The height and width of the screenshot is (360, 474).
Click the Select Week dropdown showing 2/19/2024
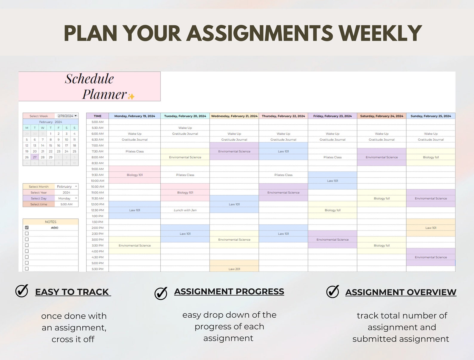pos(67,116)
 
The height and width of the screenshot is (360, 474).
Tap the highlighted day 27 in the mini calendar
pos(35,157)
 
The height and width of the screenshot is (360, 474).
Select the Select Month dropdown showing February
pos(67,187)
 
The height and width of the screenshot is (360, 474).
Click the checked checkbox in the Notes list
pos(27,228)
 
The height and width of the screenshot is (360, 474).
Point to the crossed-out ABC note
pos(55,228)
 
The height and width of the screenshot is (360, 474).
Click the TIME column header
pos(98,116)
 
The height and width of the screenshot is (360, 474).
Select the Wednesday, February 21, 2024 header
pos(234,116)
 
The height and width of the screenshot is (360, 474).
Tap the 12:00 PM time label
pos(98,204)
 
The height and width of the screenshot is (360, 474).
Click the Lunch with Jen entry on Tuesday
pos(185,210)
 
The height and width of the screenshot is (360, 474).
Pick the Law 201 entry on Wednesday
pos(234,269)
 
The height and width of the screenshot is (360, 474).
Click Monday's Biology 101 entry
pos(135,175)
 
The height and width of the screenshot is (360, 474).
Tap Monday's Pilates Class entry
pos(135,151)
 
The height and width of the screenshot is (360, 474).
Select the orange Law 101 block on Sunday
pos(431,228)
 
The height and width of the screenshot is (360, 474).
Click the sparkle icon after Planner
pos(131,96)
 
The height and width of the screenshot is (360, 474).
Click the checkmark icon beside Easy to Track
pos(22,291)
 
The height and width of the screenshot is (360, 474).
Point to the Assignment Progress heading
pos(229,292)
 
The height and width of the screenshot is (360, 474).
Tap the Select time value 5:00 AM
pos(66,204)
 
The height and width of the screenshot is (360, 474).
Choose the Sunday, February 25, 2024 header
pos(431,116)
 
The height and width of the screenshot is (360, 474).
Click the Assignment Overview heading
pos(401,292)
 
